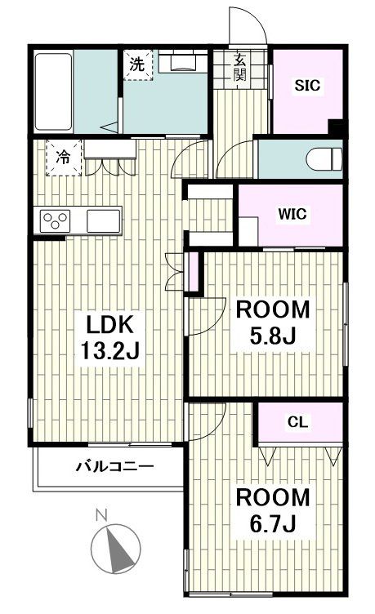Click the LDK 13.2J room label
tap(112, 339)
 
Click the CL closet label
tap(299, 422)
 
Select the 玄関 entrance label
tap(240, 68)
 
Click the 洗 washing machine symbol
tap(137, 66)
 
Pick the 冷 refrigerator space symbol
tap(63, 158)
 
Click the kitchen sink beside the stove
tap(103, 220)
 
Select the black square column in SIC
tap(335, 127)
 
